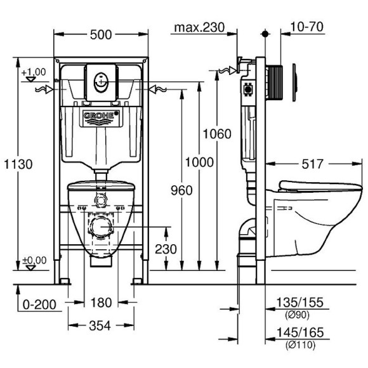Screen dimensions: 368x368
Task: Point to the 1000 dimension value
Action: (200, 163)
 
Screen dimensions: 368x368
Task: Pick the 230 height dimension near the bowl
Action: (166, 249)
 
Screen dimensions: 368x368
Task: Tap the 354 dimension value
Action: (99, 325)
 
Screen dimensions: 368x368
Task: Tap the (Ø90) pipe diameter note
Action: (298, 315)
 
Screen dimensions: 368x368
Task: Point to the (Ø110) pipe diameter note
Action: (298, 344)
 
